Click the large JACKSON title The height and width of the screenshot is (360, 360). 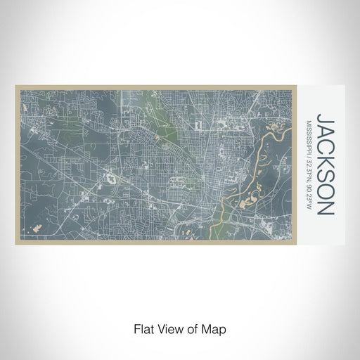325,163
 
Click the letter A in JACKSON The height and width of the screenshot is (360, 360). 325,127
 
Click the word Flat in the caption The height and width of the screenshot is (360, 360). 143,329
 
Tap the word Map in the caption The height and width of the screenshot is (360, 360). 215,329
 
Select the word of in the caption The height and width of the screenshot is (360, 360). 194,329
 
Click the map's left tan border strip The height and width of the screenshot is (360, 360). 18,165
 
